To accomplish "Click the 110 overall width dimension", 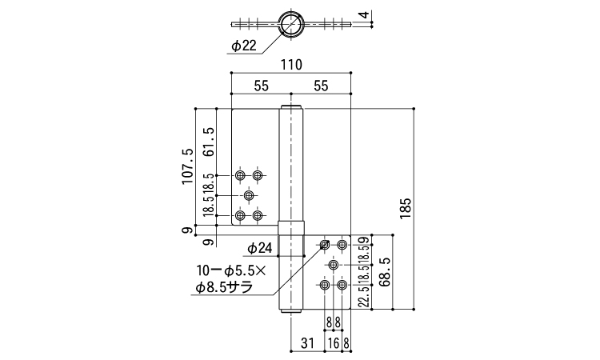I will (x=291, y=66).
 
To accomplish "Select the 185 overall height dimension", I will (x=406, y=207).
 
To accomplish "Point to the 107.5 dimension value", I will (x=188, y=166).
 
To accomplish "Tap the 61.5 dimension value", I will (x=209, y=141).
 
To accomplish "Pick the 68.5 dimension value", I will (x=384, y=272).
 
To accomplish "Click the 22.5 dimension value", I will (x=364, y=294).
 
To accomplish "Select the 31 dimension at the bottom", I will (x=306, y=343).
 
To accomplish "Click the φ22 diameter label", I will (x=243, y=46).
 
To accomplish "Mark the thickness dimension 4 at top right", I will (x=363, y=14).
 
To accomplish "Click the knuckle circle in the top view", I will (x=291, y=24).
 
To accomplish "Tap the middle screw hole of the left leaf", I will (x=249, y=195).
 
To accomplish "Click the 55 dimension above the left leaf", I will (x=260, y=85).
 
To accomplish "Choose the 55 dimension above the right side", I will (x=322, y=85).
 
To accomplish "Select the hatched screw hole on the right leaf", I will (x=326, y=244).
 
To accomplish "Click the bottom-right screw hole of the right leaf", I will (x=342, y=285).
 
